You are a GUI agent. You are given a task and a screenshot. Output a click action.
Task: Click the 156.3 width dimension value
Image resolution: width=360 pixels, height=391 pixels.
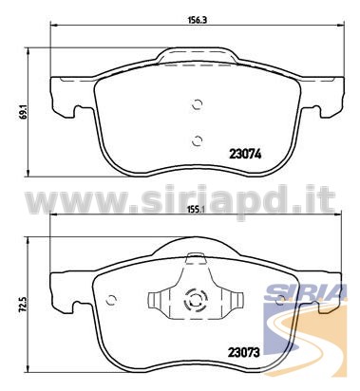click(198, 20)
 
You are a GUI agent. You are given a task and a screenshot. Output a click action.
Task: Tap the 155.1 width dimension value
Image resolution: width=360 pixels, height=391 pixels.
click(198, 209)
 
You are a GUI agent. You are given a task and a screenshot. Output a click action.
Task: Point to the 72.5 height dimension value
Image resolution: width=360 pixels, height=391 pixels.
click(23, 304)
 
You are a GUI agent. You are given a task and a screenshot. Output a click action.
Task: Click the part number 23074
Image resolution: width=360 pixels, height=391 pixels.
click(245, 155)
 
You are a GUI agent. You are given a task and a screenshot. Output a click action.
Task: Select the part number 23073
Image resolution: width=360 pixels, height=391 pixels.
click(244, 352)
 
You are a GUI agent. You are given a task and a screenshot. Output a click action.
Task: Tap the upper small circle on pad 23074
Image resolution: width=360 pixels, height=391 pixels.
click(197, 104)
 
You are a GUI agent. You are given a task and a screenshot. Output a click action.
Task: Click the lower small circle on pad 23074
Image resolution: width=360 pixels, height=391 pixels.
click(197, 140)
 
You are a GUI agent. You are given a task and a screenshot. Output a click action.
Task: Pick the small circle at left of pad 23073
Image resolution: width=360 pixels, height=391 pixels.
click(111, 300)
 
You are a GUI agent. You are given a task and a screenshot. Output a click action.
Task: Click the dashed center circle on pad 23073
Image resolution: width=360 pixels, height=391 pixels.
click(195, 301)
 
